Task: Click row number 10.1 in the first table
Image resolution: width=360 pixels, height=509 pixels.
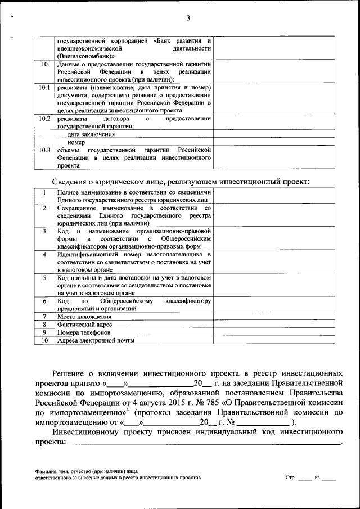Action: [44, 88]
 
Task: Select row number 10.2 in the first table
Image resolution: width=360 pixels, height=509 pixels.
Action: [44, 119]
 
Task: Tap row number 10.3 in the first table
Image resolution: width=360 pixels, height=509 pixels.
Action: [44, 150]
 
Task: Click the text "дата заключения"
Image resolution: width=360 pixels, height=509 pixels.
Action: [91, 134]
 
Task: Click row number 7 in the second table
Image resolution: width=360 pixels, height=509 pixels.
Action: [44, 317]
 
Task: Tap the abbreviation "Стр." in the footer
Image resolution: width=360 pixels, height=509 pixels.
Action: [290, 478]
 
